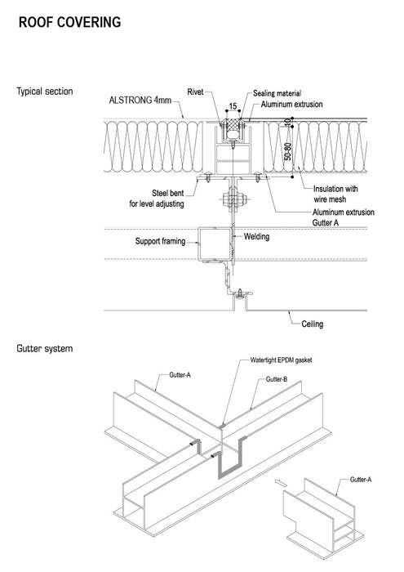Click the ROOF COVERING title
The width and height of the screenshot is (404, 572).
(69, 22)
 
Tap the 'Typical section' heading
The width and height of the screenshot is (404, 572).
(44, 92)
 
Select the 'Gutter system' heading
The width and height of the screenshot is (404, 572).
(44, 349)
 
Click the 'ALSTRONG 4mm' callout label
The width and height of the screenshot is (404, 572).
(140, 100)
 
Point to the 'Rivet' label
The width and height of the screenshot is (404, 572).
(195, 92)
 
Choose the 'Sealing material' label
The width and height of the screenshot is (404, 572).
(277, 93)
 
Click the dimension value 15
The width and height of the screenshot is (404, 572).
(233, 106)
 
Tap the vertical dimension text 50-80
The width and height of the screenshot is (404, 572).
(288, 151)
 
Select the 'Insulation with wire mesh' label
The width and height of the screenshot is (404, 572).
(335, 194)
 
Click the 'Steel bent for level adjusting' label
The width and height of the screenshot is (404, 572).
(157, 199)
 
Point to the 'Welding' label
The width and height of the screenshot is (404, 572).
(256, 236)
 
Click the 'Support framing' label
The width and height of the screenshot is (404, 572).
(160, 241)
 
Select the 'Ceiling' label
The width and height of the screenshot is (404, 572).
(313, 324)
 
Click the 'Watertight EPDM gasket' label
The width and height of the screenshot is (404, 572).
(281, 360)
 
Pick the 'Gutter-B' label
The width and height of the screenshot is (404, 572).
(277, 379)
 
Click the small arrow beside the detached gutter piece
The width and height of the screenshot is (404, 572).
(280, 483)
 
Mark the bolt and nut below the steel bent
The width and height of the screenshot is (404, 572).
(233, 199)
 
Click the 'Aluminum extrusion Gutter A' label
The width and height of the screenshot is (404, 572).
(343, 217)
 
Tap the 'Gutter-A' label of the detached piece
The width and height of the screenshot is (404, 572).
(361, 480)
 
